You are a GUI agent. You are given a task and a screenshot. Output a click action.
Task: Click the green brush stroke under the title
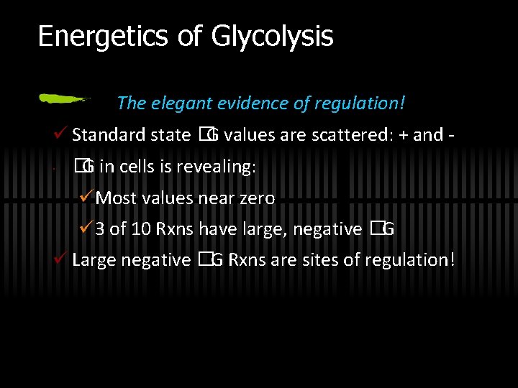[x=65, y=98]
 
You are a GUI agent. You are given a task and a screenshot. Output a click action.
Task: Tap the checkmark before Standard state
[x=60, y=134]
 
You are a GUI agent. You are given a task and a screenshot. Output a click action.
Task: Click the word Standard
[x=108, y=135]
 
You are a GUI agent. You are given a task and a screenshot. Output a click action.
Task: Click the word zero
[x=256, y=198]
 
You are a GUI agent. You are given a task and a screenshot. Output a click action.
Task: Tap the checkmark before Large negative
[x=60, y=259]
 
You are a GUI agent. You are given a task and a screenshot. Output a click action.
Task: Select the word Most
[x=115, y=198]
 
